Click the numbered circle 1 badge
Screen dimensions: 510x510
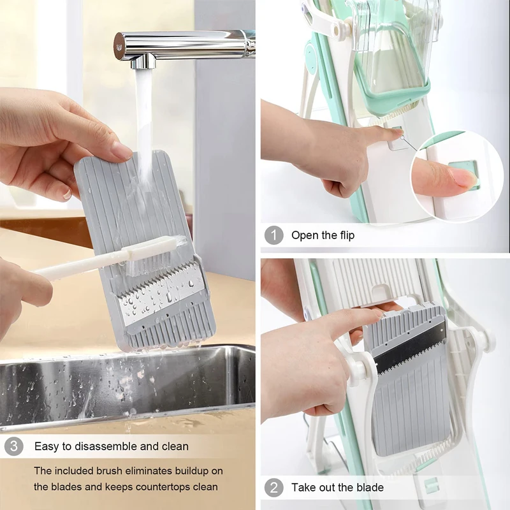click(273, 235)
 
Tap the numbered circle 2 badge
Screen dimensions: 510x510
click(273, 488)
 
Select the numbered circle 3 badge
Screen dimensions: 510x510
click(14, 446)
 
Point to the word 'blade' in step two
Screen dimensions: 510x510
click(369, 488)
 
